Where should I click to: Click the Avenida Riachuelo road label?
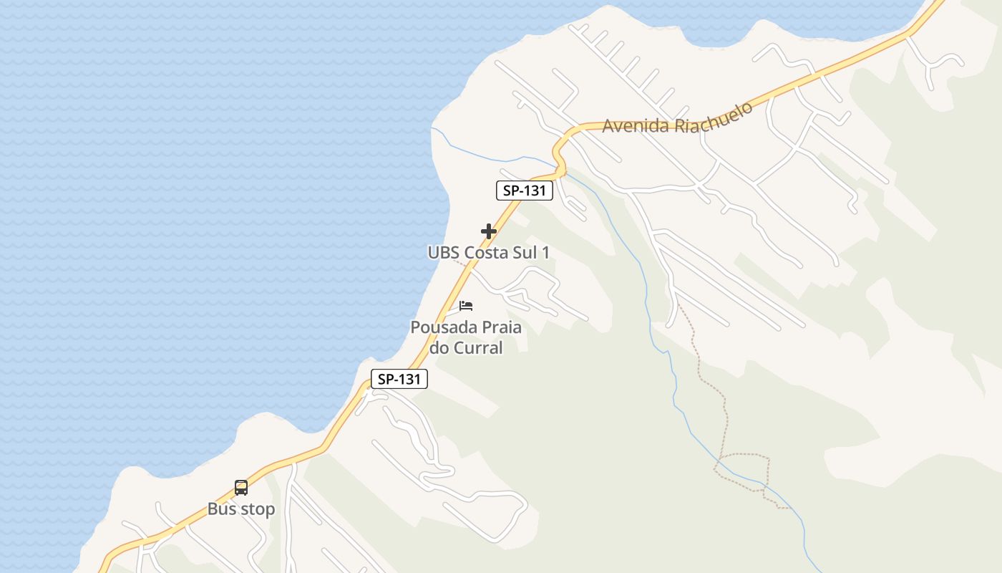pos(677,117)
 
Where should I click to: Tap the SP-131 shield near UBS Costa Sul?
pos(525,191)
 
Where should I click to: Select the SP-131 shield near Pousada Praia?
pos(399,380)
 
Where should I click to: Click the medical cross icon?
pos(489,231)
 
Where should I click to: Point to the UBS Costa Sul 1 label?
pos(489,253)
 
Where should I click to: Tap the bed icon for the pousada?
pos(466,306)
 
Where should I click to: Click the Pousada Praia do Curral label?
pos(466,337)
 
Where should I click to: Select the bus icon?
pos(241,488)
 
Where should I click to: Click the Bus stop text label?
pos(241,509)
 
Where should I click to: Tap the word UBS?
pos(444,253)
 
